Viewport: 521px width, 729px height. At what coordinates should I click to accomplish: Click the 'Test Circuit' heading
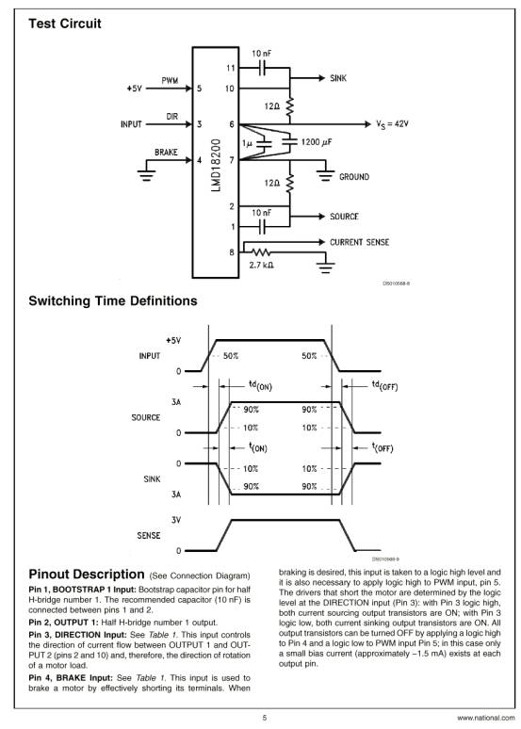65,24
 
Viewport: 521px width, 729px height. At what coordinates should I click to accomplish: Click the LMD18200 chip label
216,165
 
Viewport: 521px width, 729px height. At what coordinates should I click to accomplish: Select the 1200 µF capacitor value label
317,142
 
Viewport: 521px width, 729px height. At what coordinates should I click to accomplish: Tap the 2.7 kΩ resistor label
261,265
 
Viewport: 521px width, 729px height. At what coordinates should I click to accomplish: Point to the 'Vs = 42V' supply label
392,124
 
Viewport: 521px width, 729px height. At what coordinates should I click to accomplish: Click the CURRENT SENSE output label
359,242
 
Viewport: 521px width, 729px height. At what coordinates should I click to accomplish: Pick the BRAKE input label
166,152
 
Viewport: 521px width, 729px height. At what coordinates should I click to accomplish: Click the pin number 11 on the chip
231,69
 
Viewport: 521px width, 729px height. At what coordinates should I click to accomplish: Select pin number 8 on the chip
232,252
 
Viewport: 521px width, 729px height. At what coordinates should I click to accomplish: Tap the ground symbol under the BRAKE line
147,175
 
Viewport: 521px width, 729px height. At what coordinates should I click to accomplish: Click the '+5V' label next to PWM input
134,89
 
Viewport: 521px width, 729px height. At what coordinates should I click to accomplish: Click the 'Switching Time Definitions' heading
113,300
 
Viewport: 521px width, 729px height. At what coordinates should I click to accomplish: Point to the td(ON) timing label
260,385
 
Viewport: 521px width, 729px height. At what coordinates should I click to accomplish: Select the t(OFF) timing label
383,448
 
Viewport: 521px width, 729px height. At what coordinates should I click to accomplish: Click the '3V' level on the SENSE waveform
176,520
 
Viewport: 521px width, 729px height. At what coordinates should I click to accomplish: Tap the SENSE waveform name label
149,536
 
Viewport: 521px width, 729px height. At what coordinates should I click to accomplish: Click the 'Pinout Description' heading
87,575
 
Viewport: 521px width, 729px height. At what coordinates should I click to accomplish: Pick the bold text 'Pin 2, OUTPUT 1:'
64,623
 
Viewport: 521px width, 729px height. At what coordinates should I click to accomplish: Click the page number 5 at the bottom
265,718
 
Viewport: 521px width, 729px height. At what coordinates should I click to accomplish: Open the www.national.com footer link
486,719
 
